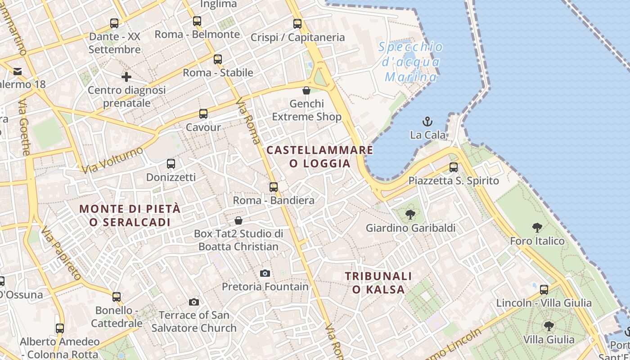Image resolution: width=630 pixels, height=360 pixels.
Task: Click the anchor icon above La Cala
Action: point(427,121)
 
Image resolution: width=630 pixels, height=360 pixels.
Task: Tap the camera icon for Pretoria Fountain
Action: point(265,273)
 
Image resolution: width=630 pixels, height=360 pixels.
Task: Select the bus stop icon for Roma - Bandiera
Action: point(274,187)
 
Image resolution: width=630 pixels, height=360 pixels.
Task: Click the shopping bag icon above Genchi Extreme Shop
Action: point(306,90)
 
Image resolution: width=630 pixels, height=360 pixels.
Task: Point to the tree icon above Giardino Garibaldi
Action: point(410,215)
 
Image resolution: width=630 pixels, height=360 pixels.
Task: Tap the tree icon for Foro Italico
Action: point(537,228)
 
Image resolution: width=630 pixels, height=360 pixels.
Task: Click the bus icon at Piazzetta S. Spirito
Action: point(454,167)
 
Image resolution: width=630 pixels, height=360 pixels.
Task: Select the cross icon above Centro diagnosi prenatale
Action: point(126,77)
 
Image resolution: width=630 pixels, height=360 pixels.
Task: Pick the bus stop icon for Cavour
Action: point(203,114)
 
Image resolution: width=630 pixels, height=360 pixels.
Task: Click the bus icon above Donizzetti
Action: point(171,164)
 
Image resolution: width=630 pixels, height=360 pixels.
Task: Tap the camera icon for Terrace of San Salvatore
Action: point(194,302)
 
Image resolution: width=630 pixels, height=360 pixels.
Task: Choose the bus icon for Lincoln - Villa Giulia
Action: point(544,290)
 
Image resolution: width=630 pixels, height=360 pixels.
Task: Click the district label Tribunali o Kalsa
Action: point(378,283)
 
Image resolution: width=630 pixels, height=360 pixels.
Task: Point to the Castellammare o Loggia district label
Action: point(320,156)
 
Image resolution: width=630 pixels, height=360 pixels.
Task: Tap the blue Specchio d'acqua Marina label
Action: point(410,62)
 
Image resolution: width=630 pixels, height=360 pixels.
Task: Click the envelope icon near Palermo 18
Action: point(18,72)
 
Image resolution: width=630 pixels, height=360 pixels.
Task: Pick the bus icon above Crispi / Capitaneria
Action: point(297,24)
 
